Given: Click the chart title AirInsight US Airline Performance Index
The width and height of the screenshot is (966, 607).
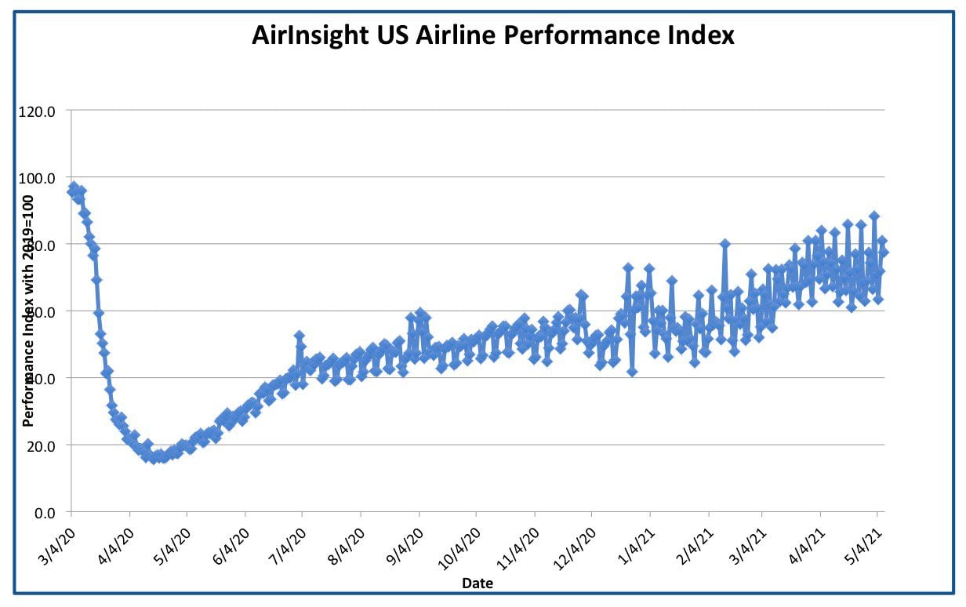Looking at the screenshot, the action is coord(492,35).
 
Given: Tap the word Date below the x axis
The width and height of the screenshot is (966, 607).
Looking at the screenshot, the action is coord(478,583).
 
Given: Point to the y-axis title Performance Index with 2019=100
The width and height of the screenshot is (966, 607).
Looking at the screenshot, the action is coord(28,311).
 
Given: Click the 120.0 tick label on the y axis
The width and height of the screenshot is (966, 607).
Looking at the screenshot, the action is coord(37,112).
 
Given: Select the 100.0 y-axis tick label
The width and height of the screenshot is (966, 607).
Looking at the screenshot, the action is coord(37,178).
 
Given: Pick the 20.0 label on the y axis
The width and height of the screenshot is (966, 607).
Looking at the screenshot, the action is coord(41,446).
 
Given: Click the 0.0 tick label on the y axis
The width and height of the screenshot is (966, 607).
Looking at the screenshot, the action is coord(45,514).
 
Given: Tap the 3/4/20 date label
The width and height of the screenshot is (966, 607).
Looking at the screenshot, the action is coord(57,547).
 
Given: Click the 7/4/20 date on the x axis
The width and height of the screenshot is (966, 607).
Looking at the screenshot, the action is coord(288,547).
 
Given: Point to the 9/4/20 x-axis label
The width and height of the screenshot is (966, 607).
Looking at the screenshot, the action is coord(405,547).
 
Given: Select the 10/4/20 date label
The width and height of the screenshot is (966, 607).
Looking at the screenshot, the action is coord(459,549).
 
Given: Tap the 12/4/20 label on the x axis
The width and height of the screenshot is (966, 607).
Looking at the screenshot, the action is coord(575,549).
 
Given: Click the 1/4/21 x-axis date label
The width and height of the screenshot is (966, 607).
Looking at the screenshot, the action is coord(637,547).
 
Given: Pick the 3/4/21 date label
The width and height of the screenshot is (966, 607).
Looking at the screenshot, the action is coord(748,547).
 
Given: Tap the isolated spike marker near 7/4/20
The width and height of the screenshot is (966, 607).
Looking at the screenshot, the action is coord(299,336).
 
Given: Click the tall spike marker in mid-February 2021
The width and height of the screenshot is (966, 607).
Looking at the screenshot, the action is coord(724,244).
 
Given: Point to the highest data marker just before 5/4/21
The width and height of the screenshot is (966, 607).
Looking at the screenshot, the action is coord(874,216).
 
